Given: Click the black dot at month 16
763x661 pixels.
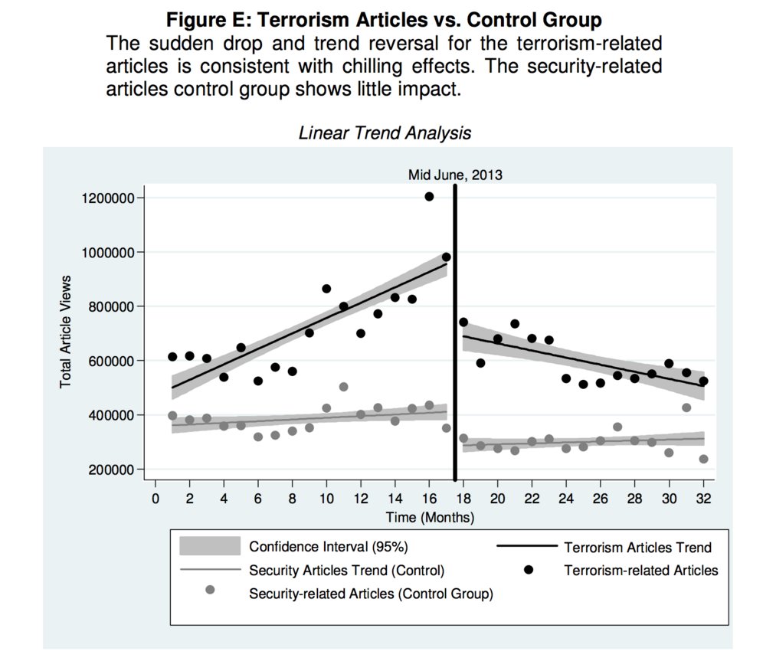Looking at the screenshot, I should [429, 197].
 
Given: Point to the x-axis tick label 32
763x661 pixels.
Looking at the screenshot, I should [704, 498].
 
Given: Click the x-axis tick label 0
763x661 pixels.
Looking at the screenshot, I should [155, 498].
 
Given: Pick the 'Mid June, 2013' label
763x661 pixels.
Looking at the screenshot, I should [455, 175].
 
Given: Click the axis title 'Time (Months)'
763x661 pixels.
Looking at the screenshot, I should [429, 518].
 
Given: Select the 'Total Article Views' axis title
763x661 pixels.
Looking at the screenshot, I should [66, 331].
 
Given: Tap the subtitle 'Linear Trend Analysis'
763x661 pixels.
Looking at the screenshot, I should [385, 133].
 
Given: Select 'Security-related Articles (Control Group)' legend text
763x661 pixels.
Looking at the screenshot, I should [371, 594].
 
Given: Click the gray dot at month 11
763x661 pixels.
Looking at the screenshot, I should [343, 387].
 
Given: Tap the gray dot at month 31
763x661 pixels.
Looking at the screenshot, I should [686, 407].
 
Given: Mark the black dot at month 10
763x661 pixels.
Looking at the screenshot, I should [326, 289].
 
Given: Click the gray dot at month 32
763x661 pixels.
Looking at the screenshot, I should [703, 459].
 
